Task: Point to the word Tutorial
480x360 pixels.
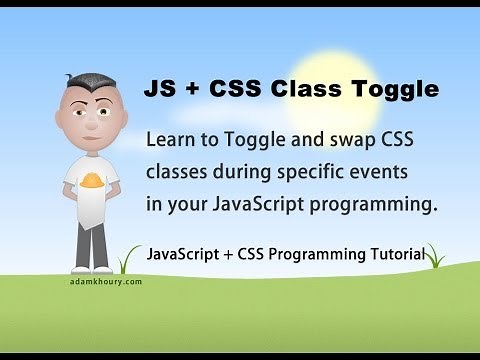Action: click(x=394, y=252)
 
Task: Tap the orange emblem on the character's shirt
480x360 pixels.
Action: click(x=88, y=181)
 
